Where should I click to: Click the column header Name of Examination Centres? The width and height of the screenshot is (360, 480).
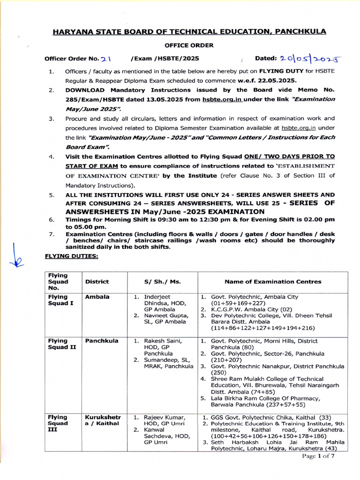tap(273, 282)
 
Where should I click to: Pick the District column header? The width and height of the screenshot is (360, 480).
tap(97, 282)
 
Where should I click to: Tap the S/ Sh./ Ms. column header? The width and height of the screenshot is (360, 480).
tap(162, 282)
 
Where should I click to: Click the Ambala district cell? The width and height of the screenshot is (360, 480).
tap(97, 297)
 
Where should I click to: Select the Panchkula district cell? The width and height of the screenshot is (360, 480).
tap(102, 341)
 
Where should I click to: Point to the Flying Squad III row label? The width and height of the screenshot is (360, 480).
tap(57, 423)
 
